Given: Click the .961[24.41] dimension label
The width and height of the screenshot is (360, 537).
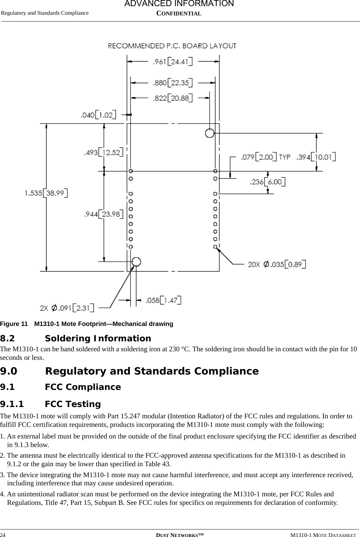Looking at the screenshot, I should (172, 62).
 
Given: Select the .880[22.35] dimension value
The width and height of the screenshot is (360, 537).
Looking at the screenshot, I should (172, 83).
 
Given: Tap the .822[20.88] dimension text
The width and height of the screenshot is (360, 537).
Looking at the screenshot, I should (172, 98).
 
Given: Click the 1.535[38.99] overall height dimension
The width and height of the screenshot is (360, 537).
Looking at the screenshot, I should (46, 193).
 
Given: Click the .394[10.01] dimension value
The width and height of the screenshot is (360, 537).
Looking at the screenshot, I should (316, 157).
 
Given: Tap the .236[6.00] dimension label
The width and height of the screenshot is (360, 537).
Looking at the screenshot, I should (268, 182).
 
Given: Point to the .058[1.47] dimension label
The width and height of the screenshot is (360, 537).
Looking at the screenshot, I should (163, 300).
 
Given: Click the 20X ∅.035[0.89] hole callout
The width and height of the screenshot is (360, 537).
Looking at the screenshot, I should (277, 264).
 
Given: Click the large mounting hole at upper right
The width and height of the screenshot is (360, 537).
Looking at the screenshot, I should (210, 133).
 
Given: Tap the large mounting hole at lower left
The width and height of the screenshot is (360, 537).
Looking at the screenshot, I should (136, 262).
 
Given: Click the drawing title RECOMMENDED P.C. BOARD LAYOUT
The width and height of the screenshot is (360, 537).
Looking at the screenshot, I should (172, 45).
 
